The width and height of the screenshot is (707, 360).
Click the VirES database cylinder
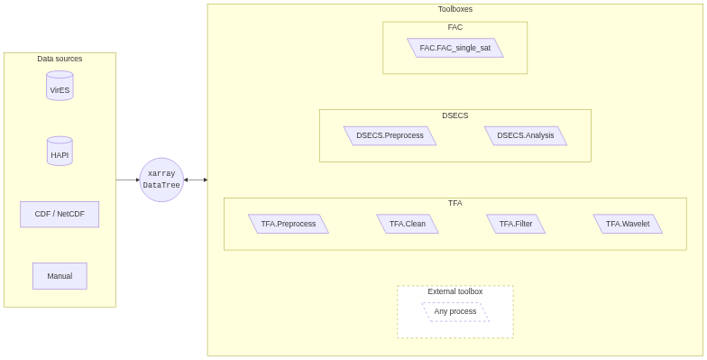(60, 87)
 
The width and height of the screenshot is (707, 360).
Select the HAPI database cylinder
(60, 152)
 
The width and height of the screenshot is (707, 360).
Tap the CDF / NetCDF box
(60, 215)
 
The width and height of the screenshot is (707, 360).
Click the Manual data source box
(60, 276)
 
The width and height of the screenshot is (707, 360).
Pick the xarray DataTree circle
(161, 180)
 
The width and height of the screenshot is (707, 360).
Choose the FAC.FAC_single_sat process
(454, 48)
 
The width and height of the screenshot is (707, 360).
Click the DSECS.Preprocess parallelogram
(390, 135)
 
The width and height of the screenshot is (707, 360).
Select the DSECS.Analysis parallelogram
(526, 135)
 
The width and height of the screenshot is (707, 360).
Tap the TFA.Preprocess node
(289, 224)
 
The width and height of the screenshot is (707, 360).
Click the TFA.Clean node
(408, 224)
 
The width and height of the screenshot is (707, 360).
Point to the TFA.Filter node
(516, 224)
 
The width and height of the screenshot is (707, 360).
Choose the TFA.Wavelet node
(628, 224)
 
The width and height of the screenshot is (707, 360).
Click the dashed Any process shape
(455, 311)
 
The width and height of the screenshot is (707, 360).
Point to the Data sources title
(60, 59)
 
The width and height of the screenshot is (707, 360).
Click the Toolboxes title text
(454, 9)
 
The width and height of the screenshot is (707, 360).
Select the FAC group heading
(454, 27)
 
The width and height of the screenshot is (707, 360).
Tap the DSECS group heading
(454, 115)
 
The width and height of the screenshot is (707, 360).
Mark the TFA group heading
(454, 203)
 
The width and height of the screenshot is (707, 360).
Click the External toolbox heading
(454, 291)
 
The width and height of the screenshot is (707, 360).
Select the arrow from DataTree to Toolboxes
(196, 180)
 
